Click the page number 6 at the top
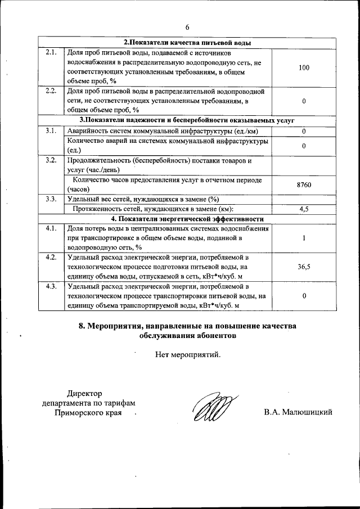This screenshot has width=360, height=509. coord(187,27)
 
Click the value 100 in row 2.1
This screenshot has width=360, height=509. coord(304,67)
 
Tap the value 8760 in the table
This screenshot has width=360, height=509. coord(304,184)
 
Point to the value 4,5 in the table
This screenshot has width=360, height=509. coord(304,209)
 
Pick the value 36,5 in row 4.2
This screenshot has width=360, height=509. coord(304,267)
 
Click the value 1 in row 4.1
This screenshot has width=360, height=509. coord(304,238)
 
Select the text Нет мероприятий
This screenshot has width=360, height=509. coord(188,355)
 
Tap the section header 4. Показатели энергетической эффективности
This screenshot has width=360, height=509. coord(187,219)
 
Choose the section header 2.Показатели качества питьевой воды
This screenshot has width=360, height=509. coord(187,43)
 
